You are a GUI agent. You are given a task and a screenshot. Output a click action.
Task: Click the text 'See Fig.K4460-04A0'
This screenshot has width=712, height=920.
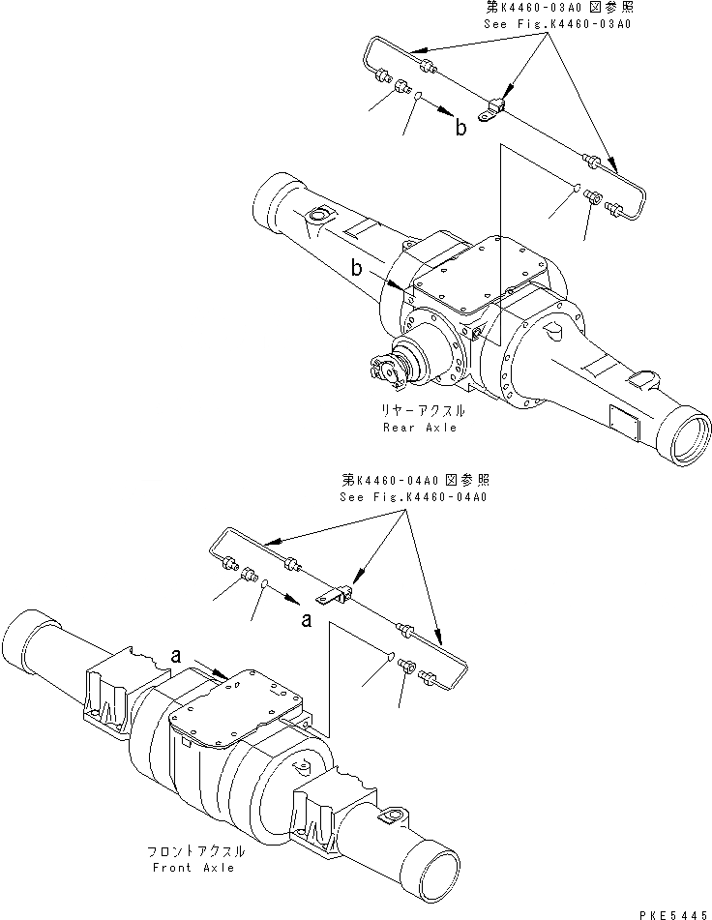[412, 496]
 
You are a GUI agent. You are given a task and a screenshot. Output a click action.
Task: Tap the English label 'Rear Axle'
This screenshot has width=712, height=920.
[419, 427]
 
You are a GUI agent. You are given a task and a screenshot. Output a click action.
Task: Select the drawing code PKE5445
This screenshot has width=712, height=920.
[666, 910]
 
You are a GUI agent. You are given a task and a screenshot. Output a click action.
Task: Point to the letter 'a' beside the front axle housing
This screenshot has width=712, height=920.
[178, 655]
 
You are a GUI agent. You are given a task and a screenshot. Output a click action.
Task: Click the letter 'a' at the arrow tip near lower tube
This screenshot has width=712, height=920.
[307, 619]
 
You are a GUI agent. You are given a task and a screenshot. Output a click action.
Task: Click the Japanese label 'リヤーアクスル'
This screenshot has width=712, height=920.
[419, 411]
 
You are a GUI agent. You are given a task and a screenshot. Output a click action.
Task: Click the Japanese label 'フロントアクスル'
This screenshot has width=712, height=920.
[197, 852]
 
